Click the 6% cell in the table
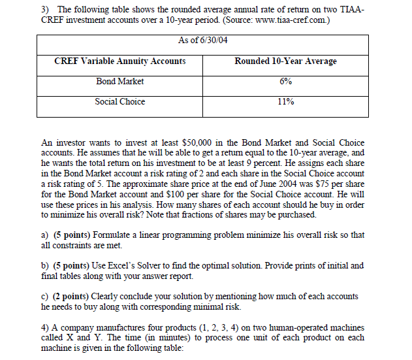point(285,82)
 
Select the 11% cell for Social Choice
point(285,102)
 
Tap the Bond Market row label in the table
point(119,82)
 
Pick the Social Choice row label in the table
point(119,102)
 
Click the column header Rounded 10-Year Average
point(285,61)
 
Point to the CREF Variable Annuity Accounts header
point(120,61)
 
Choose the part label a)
point(44,234)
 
